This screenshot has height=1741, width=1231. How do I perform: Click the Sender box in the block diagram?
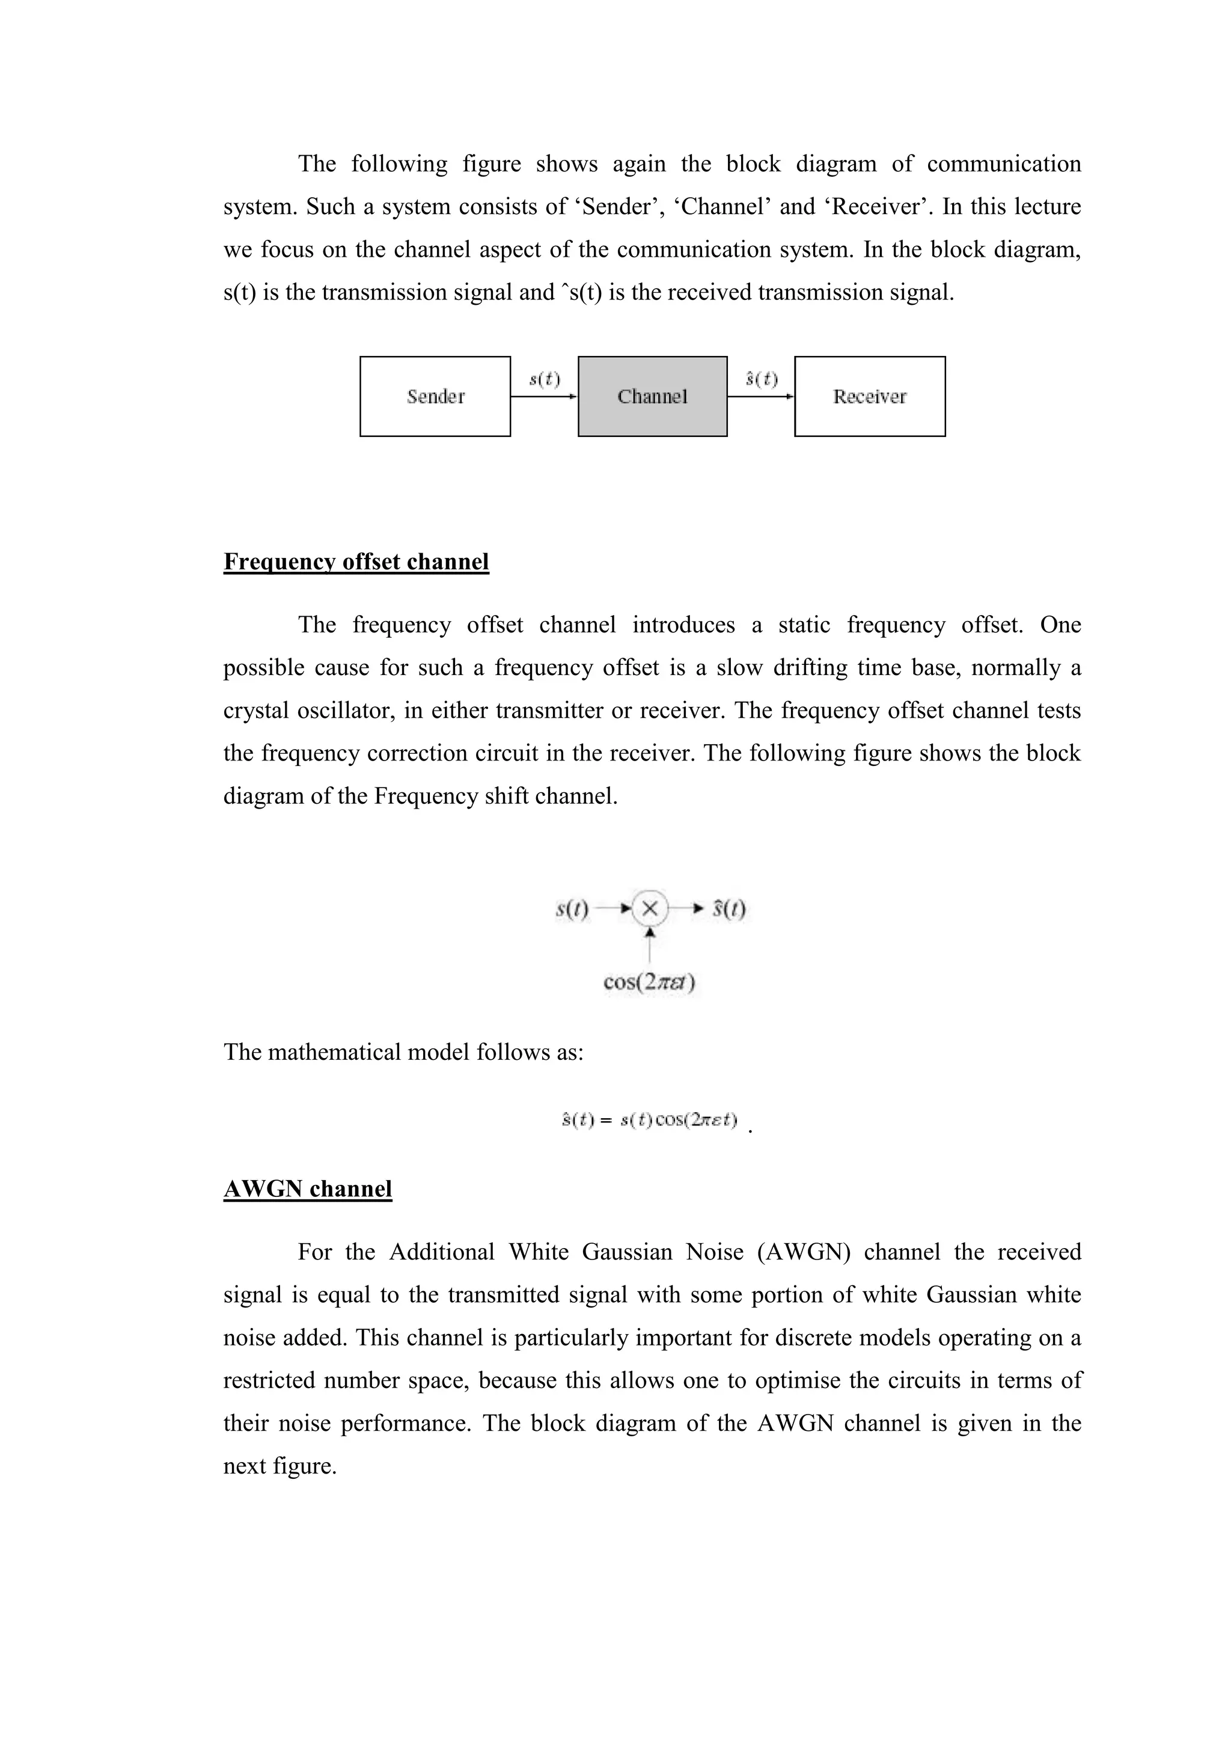(x=435, y=397)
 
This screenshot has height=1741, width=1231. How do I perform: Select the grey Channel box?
(x=653, y=397)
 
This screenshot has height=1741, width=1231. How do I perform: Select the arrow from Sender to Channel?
(x=543, y=396)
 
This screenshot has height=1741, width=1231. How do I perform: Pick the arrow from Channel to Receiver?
(x=760, y=396)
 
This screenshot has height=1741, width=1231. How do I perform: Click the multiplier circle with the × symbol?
(x=650, y=908)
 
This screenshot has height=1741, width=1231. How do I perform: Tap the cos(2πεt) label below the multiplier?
(x=650, y=982)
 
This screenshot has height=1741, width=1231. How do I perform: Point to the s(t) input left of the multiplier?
(x=572, y=908)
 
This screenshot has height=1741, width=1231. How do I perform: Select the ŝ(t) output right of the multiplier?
(x=729, y=908)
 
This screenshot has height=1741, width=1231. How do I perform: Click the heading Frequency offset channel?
(x=356, y=562)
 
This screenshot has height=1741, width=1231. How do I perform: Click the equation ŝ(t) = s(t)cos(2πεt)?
(x=650, y=1120)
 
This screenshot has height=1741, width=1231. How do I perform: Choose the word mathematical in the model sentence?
(x=334, y=1053)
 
